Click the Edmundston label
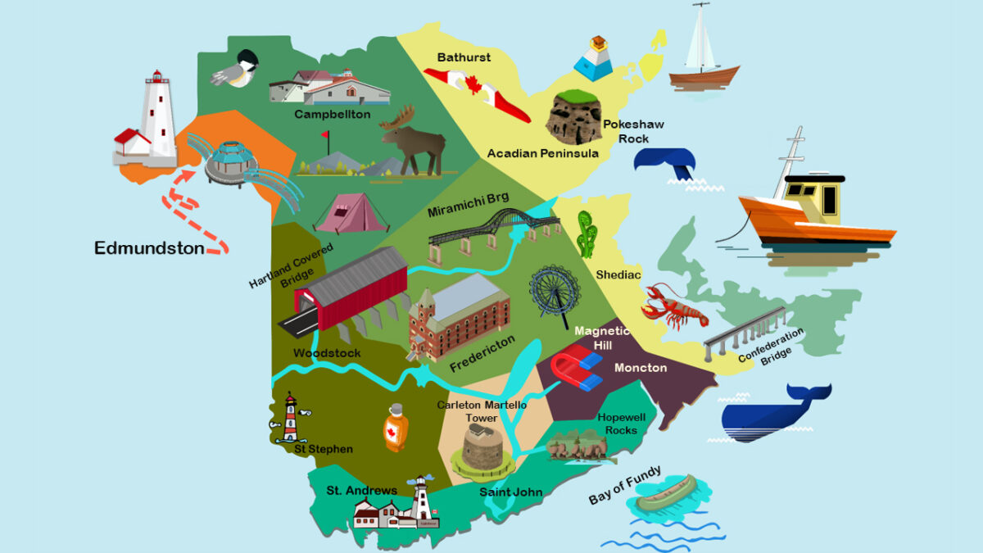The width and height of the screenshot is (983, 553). [x=149, y=247]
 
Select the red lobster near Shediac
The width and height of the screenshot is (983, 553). [x=673, y=306]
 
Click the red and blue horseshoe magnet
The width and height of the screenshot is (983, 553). [x=577, y=369]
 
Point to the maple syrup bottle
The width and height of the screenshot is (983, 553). [x=396, y=427]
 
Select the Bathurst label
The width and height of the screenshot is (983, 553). [x=464, y=57]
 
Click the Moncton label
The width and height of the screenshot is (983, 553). [x=641, y=368]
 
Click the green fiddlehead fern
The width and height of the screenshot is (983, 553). [x=587, y=234]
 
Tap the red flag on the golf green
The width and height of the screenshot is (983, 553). [x=325, y=136]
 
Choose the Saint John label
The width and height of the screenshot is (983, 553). [x=510, y=492]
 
